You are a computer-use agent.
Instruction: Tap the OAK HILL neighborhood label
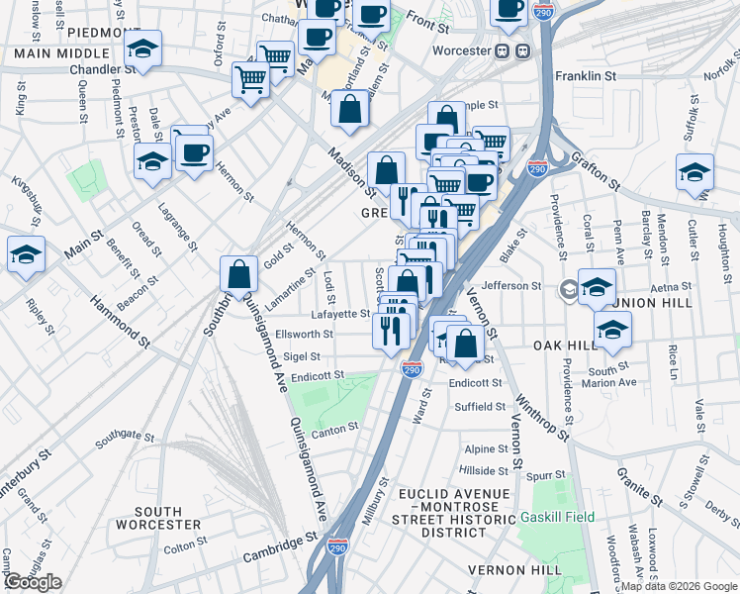pyautogui.click(x=565, y=345)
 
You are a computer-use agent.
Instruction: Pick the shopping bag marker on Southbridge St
pyautogui.click(x=239, y=274)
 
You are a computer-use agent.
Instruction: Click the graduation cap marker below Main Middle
pyautogui.click(x=143, y=49)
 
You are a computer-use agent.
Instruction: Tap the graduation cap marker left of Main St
pyautogui.click(x=25, y=254)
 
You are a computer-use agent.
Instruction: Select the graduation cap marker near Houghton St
pyautogui.click(x=694, y=172)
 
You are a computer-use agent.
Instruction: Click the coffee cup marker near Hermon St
pyautogui.click(x=193, y=153)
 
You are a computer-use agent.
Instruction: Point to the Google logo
pyautogui.click(x=32, y=582)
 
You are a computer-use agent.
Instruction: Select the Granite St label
pyautogui.click(x=639, y=480)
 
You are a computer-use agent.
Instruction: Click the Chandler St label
pyautogui.click(x=104, y=70)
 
